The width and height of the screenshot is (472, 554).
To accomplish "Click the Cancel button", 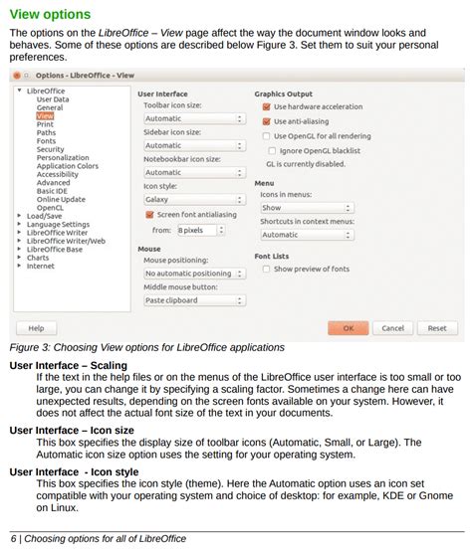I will (392, 328).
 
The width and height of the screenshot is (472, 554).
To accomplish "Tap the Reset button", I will (437, 328).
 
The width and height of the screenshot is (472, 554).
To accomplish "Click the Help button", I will (36, 328).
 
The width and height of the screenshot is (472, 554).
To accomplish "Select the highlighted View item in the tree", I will (45, 115).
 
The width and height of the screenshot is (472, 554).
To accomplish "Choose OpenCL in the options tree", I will (50, 207).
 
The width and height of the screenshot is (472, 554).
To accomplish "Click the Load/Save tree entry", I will (45, 216).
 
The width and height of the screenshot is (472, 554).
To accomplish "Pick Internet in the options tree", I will (41, 266).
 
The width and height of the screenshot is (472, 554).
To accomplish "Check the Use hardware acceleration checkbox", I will (267, 106).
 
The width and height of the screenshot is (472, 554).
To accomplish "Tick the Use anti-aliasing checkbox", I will (267, 121).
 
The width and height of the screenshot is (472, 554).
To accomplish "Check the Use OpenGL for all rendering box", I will (267, 136).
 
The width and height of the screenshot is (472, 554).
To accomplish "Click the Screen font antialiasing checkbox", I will (149, 214).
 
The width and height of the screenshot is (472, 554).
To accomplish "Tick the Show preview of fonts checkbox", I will (267, 270).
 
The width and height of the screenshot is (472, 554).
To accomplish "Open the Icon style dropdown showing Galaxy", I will (193, 199).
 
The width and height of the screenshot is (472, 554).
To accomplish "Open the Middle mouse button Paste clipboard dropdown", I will (193, 299).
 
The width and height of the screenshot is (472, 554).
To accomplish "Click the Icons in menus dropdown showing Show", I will (306, 208).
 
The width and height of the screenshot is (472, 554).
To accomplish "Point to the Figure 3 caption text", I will (146, 347).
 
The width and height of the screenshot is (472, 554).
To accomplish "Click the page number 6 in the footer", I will (13, 539).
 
